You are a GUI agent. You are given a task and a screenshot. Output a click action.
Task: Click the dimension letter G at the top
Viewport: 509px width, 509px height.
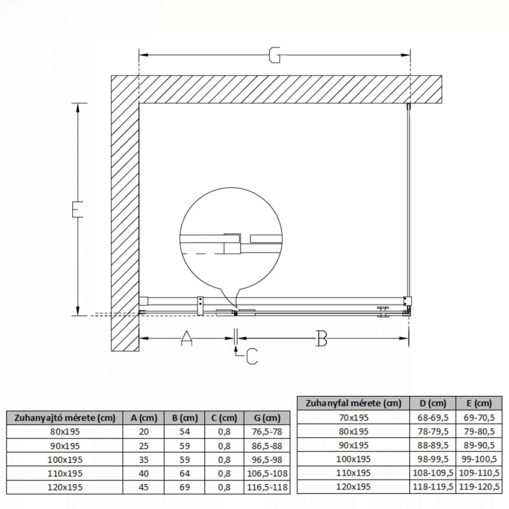click(x=274, y=55)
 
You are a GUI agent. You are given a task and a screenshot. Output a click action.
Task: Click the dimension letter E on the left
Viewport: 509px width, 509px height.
click(x=77, y=209)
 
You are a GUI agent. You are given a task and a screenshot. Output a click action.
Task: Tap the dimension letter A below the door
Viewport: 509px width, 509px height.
click(x=186, y=338)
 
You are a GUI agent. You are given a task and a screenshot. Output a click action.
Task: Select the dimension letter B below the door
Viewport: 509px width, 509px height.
click(x=322, y=338)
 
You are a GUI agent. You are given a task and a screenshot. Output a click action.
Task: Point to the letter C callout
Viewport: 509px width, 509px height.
click(x=252, y=356)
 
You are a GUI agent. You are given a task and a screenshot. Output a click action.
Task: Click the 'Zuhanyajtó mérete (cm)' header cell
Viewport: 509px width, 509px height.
click(x=65, y=418)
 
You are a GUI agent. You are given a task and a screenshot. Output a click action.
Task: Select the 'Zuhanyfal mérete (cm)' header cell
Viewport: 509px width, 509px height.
click(x=353, y=403)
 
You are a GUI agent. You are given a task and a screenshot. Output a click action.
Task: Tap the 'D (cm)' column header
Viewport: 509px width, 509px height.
click(x=433, y=403)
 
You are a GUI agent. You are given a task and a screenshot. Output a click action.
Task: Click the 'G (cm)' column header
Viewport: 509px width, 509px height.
click(x=267, y=418)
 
